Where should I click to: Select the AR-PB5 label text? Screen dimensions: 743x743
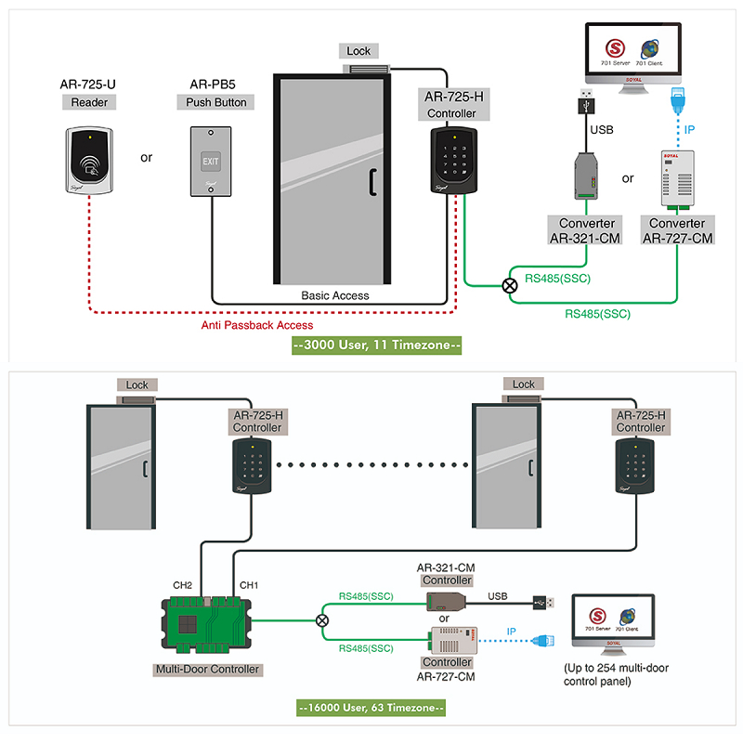pyautogui.click(x=211, y=86)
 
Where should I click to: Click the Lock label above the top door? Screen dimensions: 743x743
pyautogui.click(x=358, y=51)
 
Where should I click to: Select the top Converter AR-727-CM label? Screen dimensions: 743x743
pyautogui.click(x=677, y=230)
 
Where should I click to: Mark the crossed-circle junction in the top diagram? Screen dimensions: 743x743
pyautogui.click(x=509, y=286)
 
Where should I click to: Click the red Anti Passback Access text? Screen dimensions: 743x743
pyautogui.click(x=257, y=325)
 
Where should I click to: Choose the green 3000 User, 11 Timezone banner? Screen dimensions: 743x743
pyautogui.click(x=375, y=345)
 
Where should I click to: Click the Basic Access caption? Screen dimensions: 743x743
pyautogui.click(x=335, y=295)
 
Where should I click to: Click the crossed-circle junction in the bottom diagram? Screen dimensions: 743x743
pyautogui.click(x=322, y=620)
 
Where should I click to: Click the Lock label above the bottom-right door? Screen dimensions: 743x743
pyautogui.click(x=524, y=385)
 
